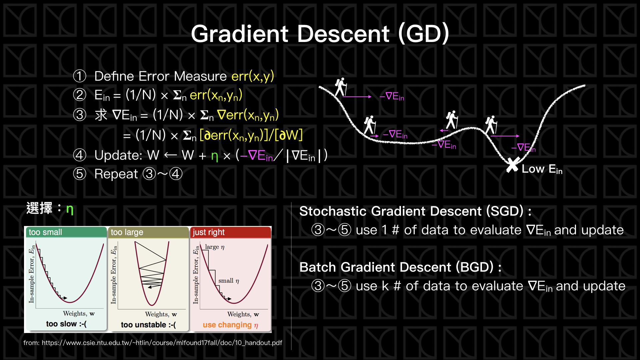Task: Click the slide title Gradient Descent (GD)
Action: click(x=320, y=34)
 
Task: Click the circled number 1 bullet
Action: click(x=80, y=76)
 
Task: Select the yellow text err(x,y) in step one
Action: click(x=253, y=76)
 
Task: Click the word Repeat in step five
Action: click(x=116, y=174)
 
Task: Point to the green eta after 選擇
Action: click(x=70, y=209)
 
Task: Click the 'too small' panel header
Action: click(x=66, y=232)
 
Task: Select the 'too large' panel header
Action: click(x=148, y=232)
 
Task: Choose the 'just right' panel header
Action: click(x=230, y=232)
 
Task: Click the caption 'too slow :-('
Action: click(x=66, y=324)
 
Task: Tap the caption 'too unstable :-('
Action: click(x=148, y=325)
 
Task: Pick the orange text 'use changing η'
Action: click(x=230, y=325)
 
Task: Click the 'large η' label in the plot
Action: click(x=215, y=247)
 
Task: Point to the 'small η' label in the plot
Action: click(x=229, y=281)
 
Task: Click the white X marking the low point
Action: click(x=512, y=165)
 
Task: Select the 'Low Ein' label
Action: click(x=542, y=169)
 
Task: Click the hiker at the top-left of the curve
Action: click(x=341, y=87)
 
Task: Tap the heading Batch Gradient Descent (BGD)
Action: click(x=400, y=267)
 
